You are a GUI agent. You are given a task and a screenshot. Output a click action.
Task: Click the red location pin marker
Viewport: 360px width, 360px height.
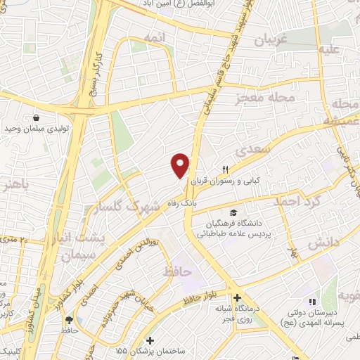click(181, 165)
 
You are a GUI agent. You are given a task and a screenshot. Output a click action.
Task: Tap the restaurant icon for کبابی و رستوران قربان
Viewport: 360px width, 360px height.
click(226, 169)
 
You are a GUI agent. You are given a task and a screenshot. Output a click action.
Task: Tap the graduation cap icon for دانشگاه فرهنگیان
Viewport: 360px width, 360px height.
click(233, 213)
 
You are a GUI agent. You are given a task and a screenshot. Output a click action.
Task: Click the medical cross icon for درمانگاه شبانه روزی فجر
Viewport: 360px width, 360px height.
click(238, 297)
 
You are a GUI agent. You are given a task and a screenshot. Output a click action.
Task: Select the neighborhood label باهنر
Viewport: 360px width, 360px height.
click(15, 186)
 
